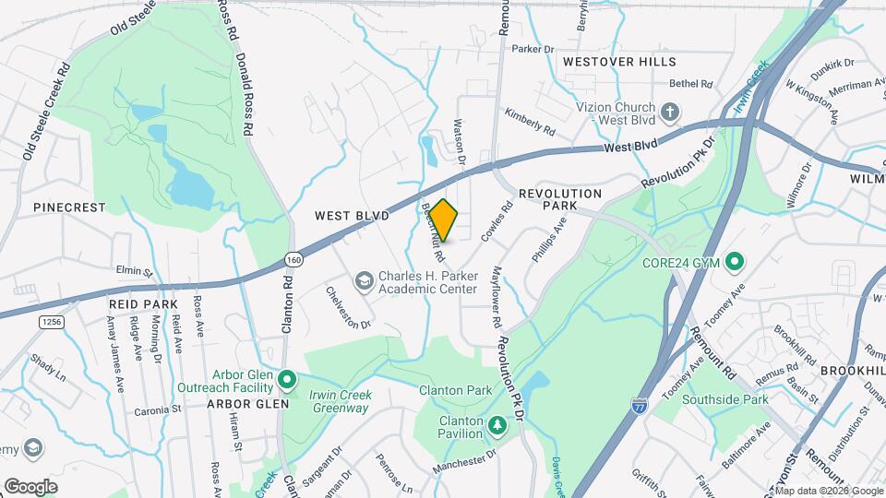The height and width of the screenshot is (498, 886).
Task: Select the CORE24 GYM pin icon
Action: point(735,263)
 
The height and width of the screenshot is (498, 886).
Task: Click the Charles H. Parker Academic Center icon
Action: point(365,279)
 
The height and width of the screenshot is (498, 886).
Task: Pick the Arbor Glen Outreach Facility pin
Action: point(287,378)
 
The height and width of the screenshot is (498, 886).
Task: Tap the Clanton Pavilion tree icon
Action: point(497,424)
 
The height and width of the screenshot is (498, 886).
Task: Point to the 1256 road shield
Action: point(51,321)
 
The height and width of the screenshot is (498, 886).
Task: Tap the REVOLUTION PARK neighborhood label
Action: point(560,194)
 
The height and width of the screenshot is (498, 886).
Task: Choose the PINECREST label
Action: point(70,207)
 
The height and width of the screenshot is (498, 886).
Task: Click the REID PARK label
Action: point(142,303)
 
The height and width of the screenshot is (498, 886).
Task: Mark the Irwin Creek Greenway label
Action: point(340,401)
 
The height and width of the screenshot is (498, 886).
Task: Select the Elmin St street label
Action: point(134,272)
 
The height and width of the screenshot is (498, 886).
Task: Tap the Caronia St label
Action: point(158,410)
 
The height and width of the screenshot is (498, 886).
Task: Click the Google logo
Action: point(30,486)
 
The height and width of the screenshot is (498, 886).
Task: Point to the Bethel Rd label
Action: point(692,83)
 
